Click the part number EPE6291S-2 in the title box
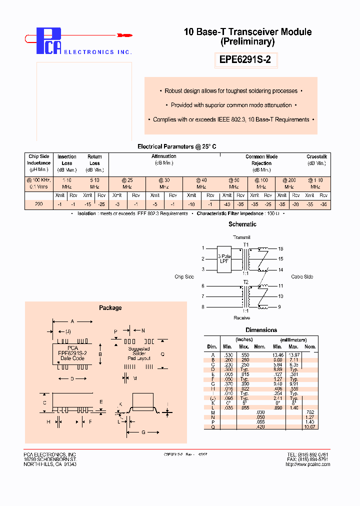[245, 60]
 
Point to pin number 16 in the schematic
[280, 248]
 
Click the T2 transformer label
[245, 282]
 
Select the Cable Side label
[301, 276]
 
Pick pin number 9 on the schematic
[280, 306]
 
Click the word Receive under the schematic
[242, 318]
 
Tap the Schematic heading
[242, 224]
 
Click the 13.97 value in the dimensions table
[293, 354]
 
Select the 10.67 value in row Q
[310, 426]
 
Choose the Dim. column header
[212, 346]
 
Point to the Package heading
[110, 308]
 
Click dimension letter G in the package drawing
[143, 432]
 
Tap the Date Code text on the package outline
[72, 358]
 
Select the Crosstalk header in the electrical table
[316, 156]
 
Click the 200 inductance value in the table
[38, 204]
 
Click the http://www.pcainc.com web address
[307, 464]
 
